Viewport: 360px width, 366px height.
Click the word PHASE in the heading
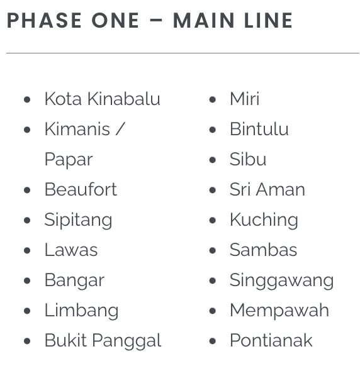(x=44, y=20)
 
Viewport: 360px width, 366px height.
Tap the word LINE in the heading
(x=268, y=20)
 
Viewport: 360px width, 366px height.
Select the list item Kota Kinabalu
(x=103, y=99)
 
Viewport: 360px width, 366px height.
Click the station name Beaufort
(x=81, y=189)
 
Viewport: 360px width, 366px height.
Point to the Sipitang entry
(x=78, y=220)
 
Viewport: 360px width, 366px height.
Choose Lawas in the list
(x=71, y=250)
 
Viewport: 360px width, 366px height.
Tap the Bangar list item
(x=74, y=280)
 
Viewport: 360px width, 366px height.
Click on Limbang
(x=81, y=311)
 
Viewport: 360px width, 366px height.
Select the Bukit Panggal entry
(x=103, y=341)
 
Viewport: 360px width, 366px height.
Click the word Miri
(x=245, y=99)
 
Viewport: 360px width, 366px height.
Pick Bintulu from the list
(x=259, y=129)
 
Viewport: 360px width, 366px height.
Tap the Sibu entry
(x=248, y=159)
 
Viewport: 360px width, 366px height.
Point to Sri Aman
(x=267, y=189)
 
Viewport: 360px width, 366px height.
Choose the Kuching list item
(x=264, y=220)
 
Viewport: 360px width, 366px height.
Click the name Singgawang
(x=281, y=280)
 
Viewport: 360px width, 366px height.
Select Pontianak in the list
(x=271, y=341)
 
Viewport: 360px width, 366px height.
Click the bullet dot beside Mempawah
(x=212, y=311)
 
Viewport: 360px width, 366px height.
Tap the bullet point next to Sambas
(x=212, y=250)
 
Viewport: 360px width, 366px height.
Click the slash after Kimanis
(x=121, y=129)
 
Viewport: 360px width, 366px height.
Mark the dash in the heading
(x=156, y=20)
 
